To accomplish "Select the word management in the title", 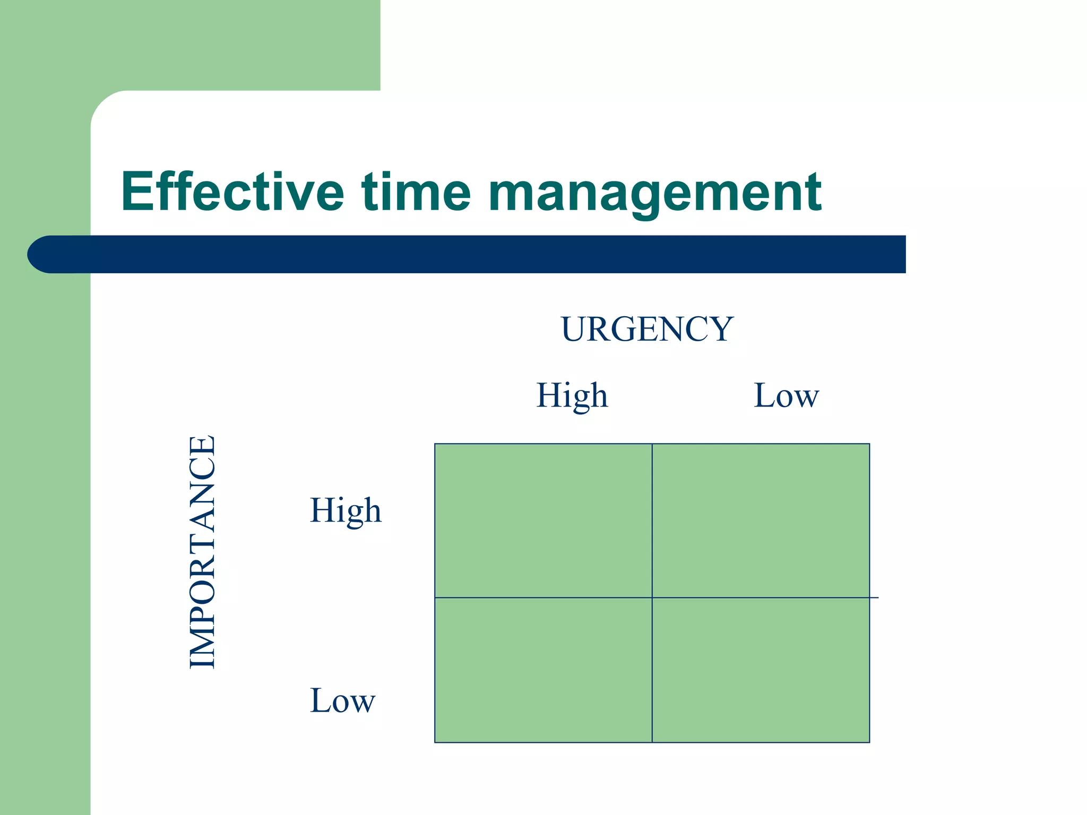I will (654, 194).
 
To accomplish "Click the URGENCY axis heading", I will (647, 329).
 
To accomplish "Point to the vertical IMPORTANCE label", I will (202, 552).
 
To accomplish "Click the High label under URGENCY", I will (572, 396).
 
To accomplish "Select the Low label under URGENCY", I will (786, 396).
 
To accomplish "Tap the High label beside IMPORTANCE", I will (346, 511).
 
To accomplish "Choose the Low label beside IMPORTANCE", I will (342, 700).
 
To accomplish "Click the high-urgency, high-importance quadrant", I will (543, 521).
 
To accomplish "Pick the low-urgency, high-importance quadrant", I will (761, 521).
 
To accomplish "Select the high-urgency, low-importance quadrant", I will (543, 670).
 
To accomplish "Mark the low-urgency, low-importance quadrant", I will (761, 670).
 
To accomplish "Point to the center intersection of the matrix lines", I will (652, 598).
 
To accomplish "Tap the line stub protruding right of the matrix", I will (874, 598).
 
